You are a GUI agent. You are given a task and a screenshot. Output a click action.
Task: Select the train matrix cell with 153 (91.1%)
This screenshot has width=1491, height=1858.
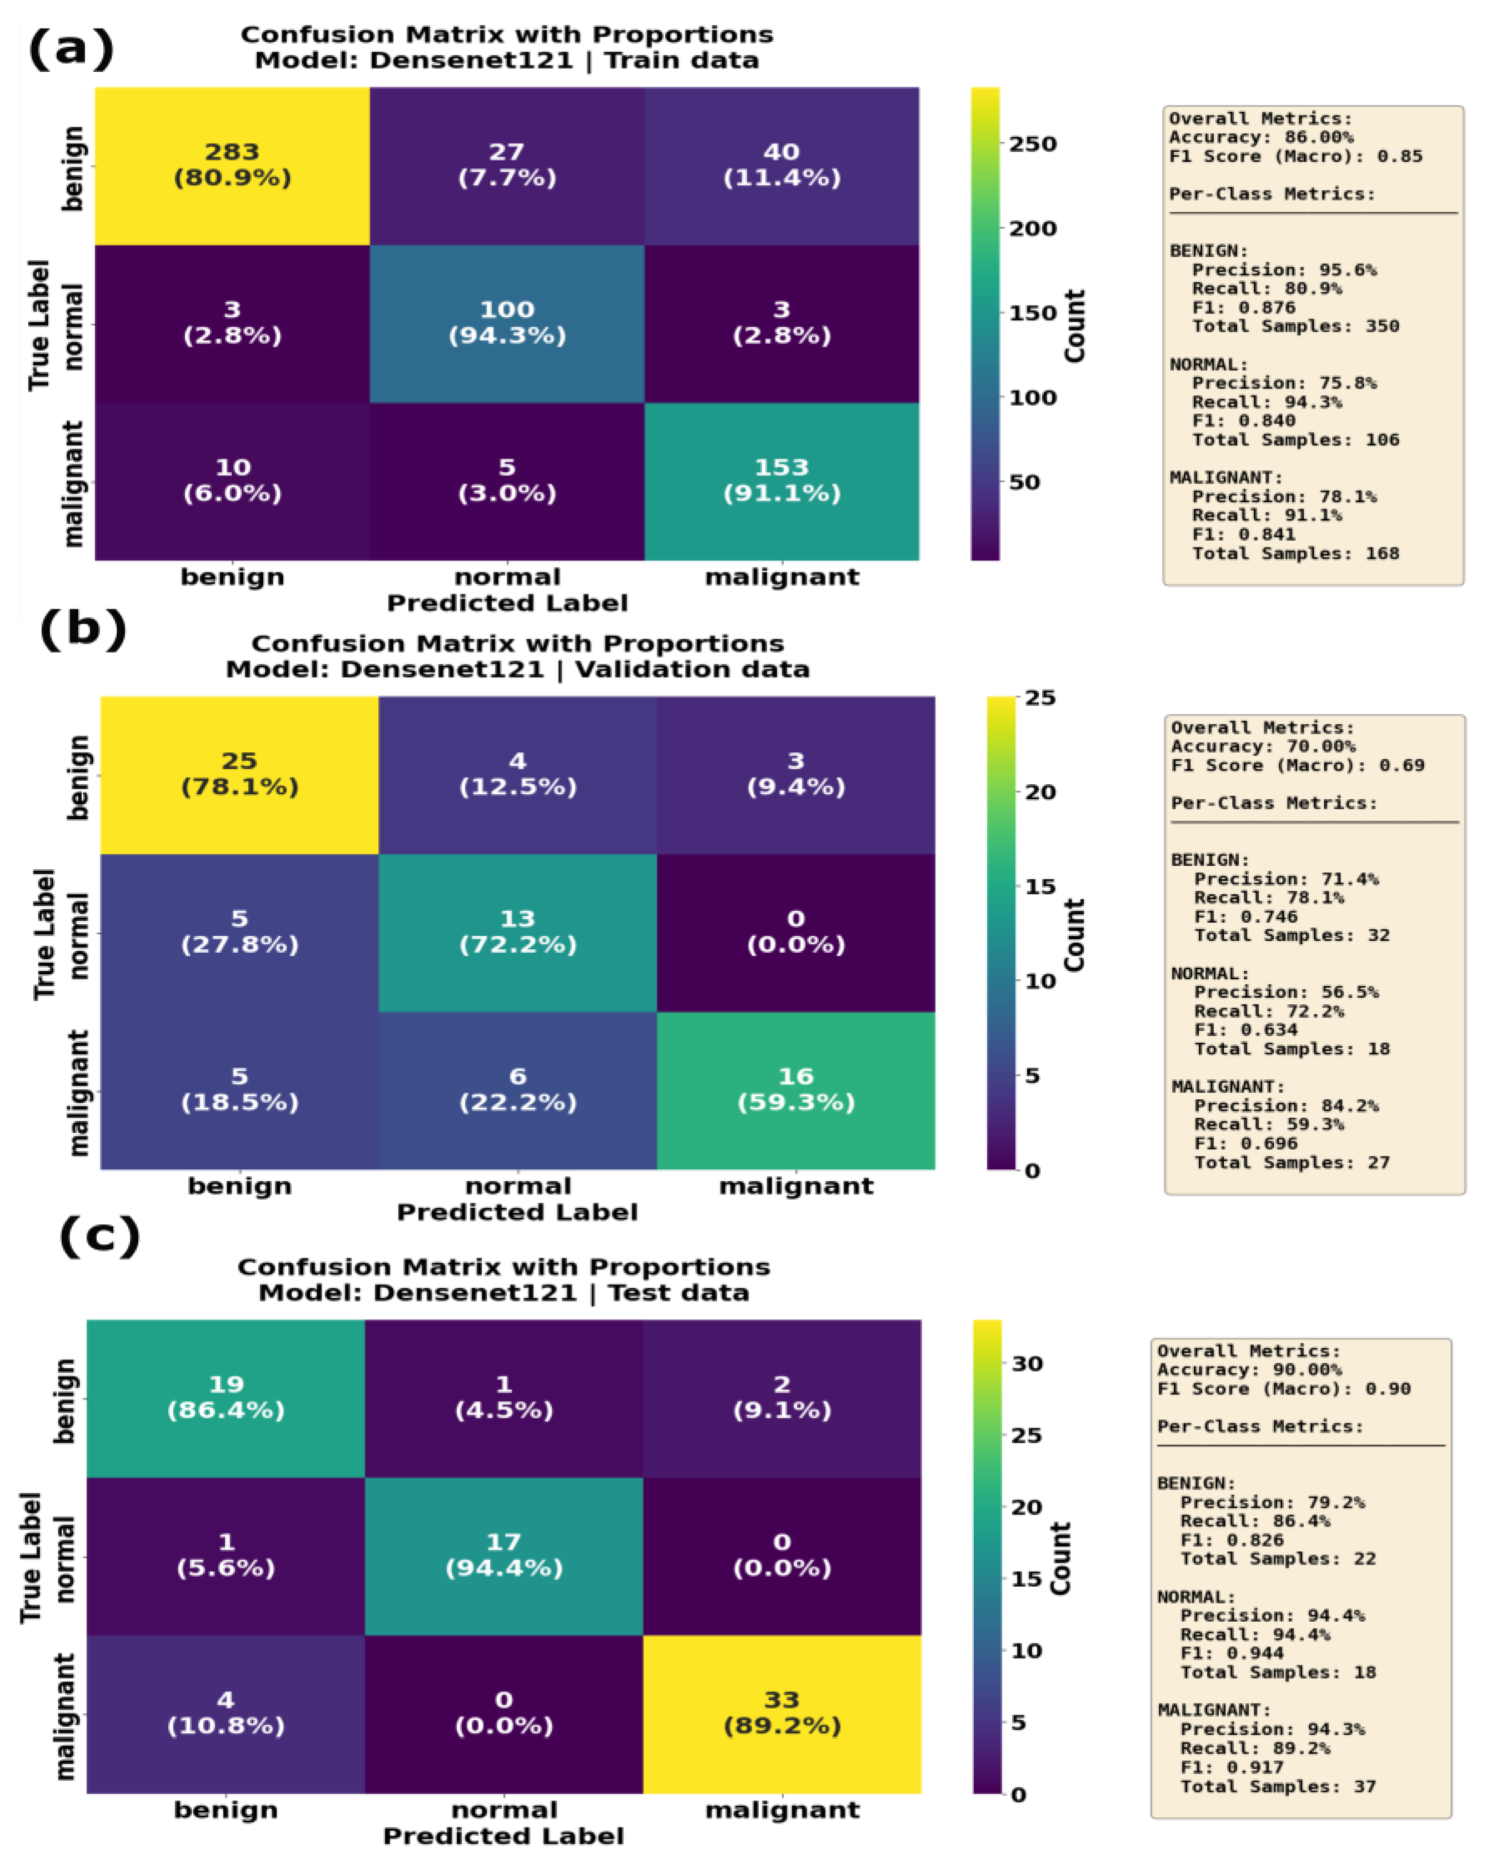tap(781, 480)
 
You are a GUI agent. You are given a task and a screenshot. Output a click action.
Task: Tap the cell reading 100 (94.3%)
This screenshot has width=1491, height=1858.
tap(507, 322)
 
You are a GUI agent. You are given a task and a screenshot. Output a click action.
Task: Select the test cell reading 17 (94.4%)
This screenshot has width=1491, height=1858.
tap(503, 1555)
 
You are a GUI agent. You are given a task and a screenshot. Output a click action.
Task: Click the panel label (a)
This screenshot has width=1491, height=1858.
tap(71, 49)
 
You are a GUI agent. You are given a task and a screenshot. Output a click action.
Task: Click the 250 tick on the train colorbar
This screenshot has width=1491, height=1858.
tap(1032, 144)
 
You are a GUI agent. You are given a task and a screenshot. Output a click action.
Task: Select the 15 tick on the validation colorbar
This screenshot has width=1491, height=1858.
tap(1040, 887)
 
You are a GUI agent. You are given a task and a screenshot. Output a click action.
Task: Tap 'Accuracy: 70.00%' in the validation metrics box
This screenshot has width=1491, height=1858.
tap(1262, 746)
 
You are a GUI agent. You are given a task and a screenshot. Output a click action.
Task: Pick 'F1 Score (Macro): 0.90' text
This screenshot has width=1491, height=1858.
tap(1283, 1388)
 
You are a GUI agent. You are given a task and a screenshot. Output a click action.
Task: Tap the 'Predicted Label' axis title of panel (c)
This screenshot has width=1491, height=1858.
tap(503, 1836)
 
